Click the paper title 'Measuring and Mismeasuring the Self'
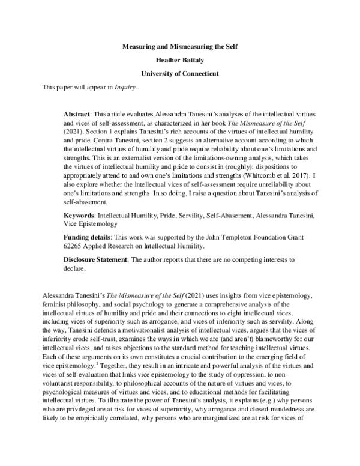[x=180, y=46]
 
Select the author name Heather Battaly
[x=180, y=60]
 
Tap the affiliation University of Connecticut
[x=180, y=74]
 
